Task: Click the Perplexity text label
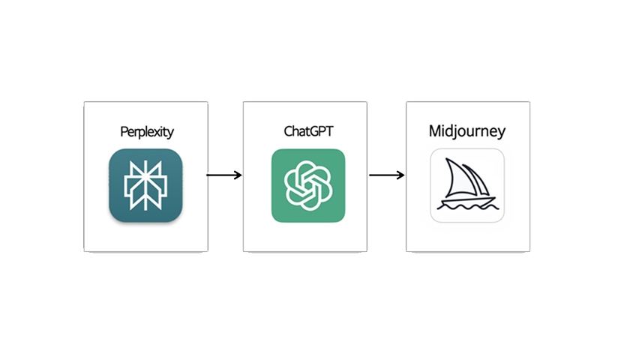[147, 132]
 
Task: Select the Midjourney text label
[466, 132]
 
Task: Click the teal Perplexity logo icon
[145, 185]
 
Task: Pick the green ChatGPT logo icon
[308, 185]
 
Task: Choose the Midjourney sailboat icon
[466, 185]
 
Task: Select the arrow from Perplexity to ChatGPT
[223, 175]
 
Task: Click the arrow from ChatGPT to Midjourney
[386, 175]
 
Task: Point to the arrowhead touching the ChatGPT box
[238, 175]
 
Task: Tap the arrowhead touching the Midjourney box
[401, 175]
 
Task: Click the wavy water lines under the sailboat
[466, 209]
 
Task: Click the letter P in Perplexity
[124, 132]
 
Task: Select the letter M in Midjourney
[435, 132]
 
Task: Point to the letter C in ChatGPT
[288, 132]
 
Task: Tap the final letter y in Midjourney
[501, 133]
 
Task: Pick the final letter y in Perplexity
[171, 133]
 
